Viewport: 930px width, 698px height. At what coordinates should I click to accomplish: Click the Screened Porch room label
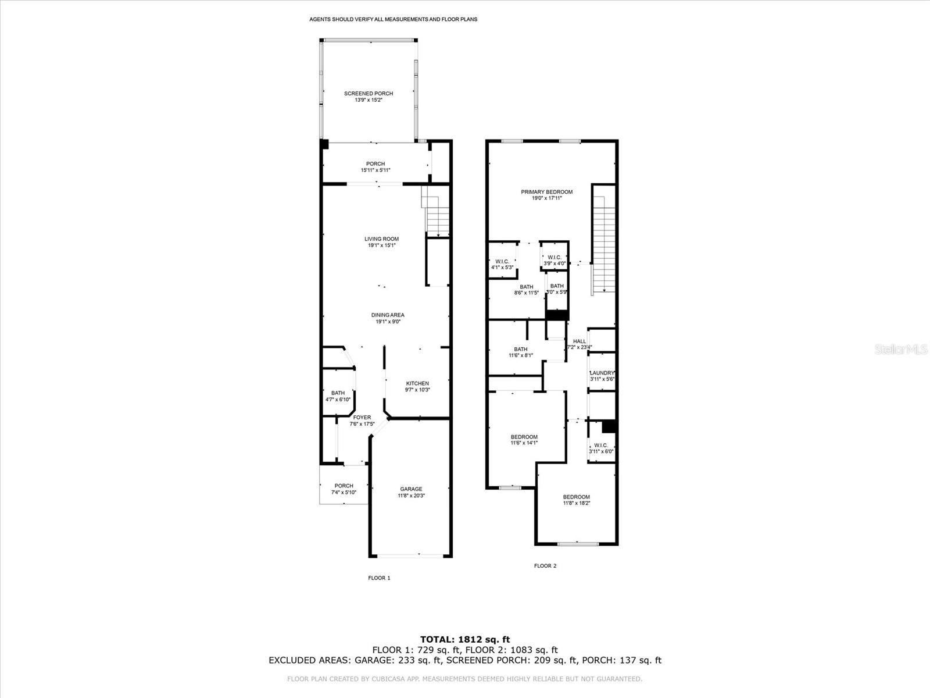(368, 94)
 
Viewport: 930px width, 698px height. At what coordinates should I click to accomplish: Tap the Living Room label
(381, 239)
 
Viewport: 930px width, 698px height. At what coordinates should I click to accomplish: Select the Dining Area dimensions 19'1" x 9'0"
(388, 322)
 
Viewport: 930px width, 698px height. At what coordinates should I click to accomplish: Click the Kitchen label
(417, 383)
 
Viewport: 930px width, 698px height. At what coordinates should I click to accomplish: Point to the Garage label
(411, 489)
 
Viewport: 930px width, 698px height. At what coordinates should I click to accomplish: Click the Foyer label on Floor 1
(362, 418)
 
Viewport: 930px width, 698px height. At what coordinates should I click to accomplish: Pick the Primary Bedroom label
(546, 192)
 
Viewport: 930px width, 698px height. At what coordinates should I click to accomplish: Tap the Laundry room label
(602, 373)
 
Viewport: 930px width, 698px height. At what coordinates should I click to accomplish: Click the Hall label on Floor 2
(579, 341)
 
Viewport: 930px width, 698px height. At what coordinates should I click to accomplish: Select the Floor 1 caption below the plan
(379, 578)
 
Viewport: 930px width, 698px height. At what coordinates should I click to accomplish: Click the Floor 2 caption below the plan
(545, 565)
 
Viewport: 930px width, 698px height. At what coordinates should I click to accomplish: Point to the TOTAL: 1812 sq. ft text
(465, 639)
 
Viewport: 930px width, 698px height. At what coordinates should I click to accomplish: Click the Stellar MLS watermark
(901, 349)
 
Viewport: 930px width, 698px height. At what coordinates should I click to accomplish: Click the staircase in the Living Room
(436, 212)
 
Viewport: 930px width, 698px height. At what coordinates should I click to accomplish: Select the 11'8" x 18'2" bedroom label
(576, 500)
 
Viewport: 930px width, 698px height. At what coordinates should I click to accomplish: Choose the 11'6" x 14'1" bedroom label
(524, 440)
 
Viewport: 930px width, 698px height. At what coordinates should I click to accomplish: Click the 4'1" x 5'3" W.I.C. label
(502, 265)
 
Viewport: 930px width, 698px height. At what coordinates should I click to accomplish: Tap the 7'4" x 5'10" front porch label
(344, 489)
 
